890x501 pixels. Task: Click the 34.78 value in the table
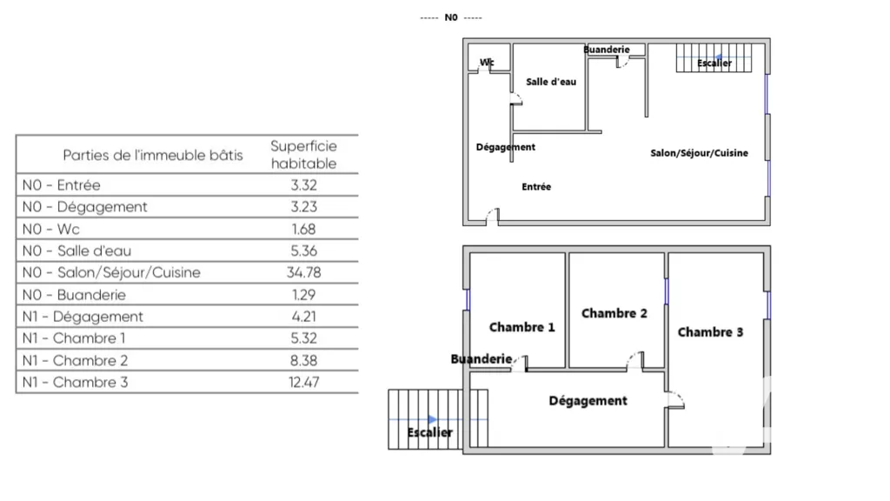(303, 272)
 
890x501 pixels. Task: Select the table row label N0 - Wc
(51, 229)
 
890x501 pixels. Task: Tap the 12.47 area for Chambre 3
(303, 383)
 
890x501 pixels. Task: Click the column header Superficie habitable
(303, 155)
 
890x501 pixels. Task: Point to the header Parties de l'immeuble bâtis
(153, 155)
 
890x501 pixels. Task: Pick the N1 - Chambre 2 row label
(75, 360)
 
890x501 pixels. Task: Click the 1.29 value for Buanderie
(303, 295)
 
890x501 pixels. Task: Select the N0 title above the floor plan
(451, 17)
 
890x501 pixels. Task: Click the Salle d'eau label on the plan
(551, 82)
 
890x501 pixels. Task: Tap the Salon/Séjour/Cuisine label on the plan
(700, 153)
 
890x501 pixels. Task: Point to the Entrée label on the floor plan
(536, 186)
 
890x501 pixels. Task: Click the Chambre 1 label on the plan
(522, 327)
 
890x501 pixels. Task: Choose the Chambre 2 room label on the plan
(614, 313)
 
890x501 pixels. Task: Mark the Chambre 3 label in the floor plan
(711, 332)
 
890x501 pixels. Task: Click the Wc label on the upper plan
(487, 63)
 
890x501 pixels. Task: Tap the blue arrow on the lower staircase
(433, 420)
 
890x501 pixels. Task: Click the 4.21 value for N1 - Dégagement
(303, 317)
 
